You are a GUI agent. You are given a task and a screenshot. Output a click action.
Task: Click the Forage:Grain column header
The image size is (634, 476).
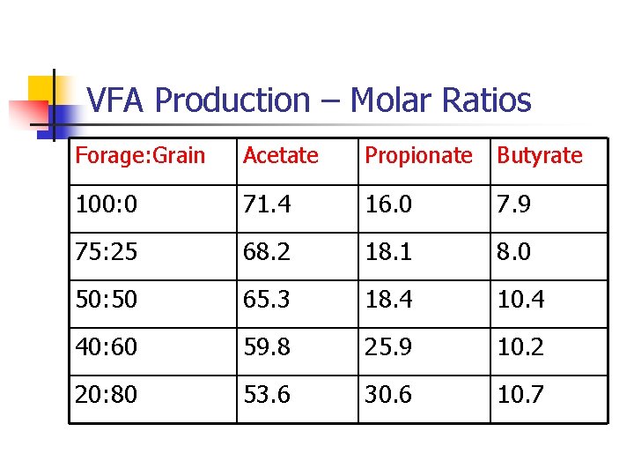140,156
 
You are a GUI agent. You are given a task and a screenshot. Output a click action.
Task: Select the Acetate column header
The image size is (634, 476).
280,156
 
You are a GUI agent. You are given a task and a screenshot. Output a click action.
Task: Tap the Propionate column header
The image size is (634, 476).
418,156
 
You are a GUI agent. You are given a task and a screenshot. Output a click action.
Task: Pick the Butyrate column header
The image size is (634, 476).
540,156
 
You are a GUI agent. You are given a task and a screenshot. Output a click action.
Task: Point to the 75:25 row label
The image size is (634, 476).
106,253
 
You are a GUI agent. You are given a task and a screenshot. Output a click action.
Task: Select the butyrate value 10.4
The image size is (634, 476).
521,301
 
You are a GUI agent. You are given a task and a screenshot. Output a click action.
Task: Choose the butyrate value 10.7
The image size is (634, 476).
521,396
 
